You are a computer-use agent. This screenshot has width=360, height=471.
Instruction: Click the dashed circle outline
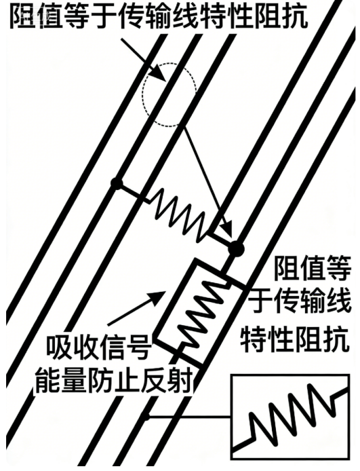(x=143, y=94)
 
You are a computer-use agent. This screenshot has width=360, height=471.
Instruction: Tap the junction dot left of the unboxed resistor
(x=117, y=183)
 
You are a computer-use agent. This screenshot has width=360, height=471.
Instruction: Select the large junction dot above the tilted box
(x=237, y=248)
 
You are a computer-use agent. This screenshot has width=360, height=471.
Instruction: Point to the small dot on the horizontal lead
(x=146, y=417)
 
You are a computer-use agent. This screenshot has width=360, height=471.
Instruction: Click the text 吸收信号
(x=98, y=347)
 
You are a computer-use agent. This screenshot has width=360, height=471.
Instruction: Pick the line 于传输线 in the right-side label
(x=299, y=301)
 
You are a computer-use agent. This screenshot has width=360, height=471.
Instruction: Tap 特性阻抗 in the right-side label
(x=295, y=339)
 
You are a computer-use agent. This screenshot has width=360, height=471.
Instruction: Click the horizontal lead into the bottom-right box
(x=190, y=417)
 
